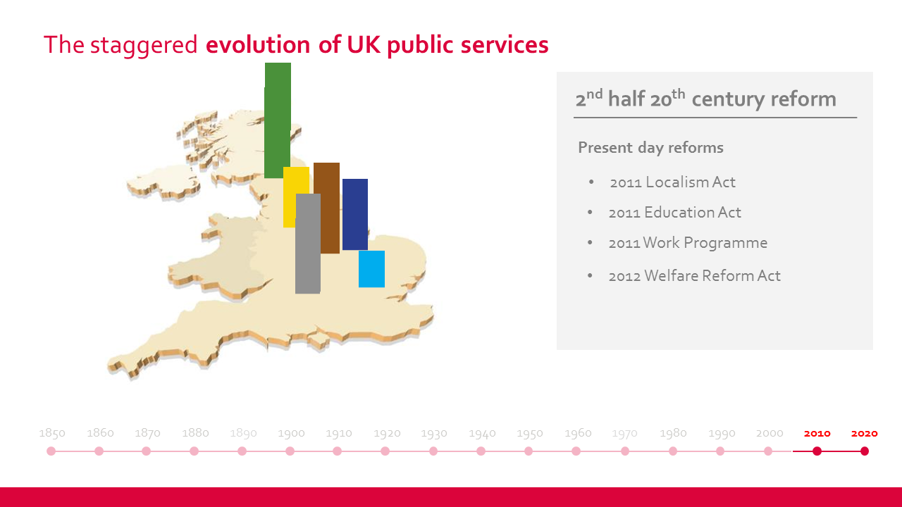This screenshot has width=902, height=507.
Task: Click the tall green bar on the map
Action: click(278, 120)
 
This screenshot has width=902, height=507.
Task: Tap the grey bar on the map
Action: click(308, 244)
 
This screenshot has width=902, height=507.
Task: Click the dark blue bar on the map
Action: click(355, 215)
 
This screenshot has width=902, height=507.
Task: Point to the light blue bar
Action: click(371, 269)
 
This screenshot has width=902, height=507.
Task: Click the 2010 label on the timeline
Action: click(817, 433)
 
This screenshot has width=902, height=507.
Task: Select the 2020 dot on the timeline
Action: click(865, 451)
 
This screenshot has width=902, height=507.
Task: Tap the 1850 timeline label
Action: click(52, 433)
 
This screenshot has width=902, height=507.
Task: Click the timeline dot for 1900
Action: click(290, 451)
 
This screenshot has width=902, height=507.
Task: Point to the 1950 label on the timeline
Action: click(530, 433)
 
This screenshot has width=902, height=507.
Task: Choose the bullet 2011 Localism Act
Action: click(672, 182)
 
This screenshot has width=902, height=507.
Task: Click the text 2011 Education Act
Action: click(674, 213)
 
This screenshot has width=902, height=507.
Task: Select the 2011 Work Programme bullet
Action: click(688, 243)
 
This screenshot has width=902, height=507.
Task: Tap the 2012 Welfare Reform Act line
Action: click(694, 276)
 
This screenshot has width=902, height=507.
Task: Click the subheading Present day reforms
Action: click(650, 148)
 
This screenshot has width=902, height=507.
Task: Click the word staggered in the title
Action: click(144, 45)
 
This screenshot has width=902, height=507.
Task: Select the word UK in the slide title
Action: click(364, 44)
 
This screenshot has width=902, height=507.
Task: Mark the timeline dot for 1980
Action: click(673, 451)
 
